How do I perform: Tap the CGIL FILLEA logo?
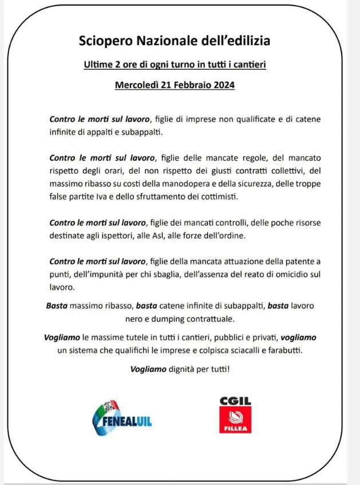[x=236, y=416]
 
